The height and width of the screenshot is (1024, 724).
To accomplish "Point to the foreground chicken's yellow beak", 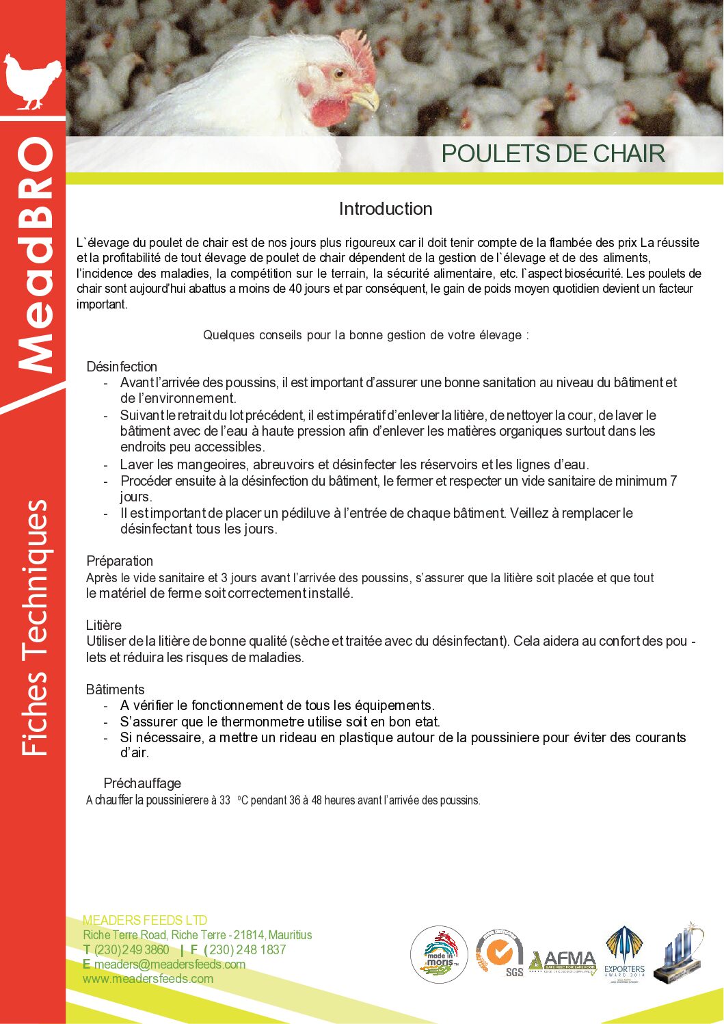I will pyautogui.click(x=367, y=98).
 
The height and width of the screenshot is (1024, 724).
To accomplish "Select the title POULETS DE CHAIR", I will pyautogui.click(x=552, y=154).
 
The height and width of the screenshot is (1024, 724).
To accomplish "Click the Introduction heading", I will pyautogui.click(x=386, y=209).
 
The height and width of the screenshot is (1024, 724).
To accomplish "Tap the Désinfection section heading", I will pyautogui.click(x=122, y=367).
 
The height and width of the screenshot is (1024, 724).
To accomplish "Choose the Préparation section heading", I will pyautogui.click(x=120, y=561).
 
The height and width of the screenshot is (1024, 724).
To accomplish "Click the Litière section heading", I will pyautogui.click(x=104, y=625).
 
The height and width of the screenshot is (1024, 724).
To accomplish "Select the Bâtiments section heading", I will pyautogui.click(x=116, y=690).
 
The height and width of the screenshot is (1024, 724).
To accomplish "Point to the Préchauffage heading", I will pyautogui.click(x=142, y=783).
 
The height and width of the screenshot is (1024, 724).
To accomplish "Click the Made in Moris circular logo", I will pyautogui.click(x=439, y=955).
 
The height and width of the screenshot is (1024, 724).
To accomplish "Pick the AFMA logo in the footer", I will pyautogui.click(x=563, y=961).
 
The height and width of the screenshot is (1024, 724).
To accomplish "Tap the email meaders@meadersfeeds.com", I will pyautogui.click(x=170, y=964).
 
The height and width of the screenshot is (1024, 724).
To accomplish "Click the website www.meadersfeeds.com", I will pyautogui.click(x=148, y=979).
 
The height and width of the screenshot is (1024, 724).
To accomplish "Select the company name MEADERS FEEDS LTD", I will pyautogui.click(x=145, y=921).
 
